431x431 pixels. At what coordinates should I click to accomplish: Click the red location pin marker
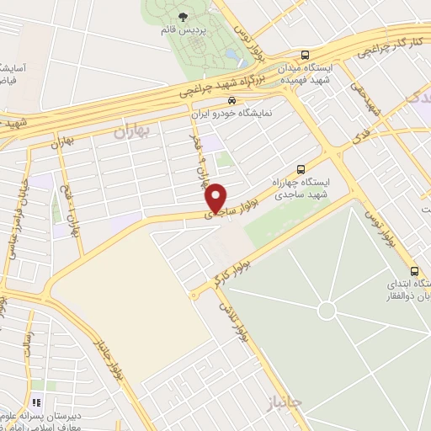[x=216, y=196]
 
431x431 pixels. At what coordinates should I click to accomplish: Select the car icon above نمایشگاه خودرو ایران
[x=220, y=99]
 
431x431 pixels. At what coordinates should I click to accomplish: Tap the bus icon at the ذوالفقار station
[x=414, y=271]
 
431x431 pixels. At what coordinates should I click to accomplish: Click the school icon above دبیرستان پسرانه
[x=36, y=403]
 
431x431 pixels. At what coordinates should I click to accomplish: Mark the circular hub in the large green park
[x=327, y=311]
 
